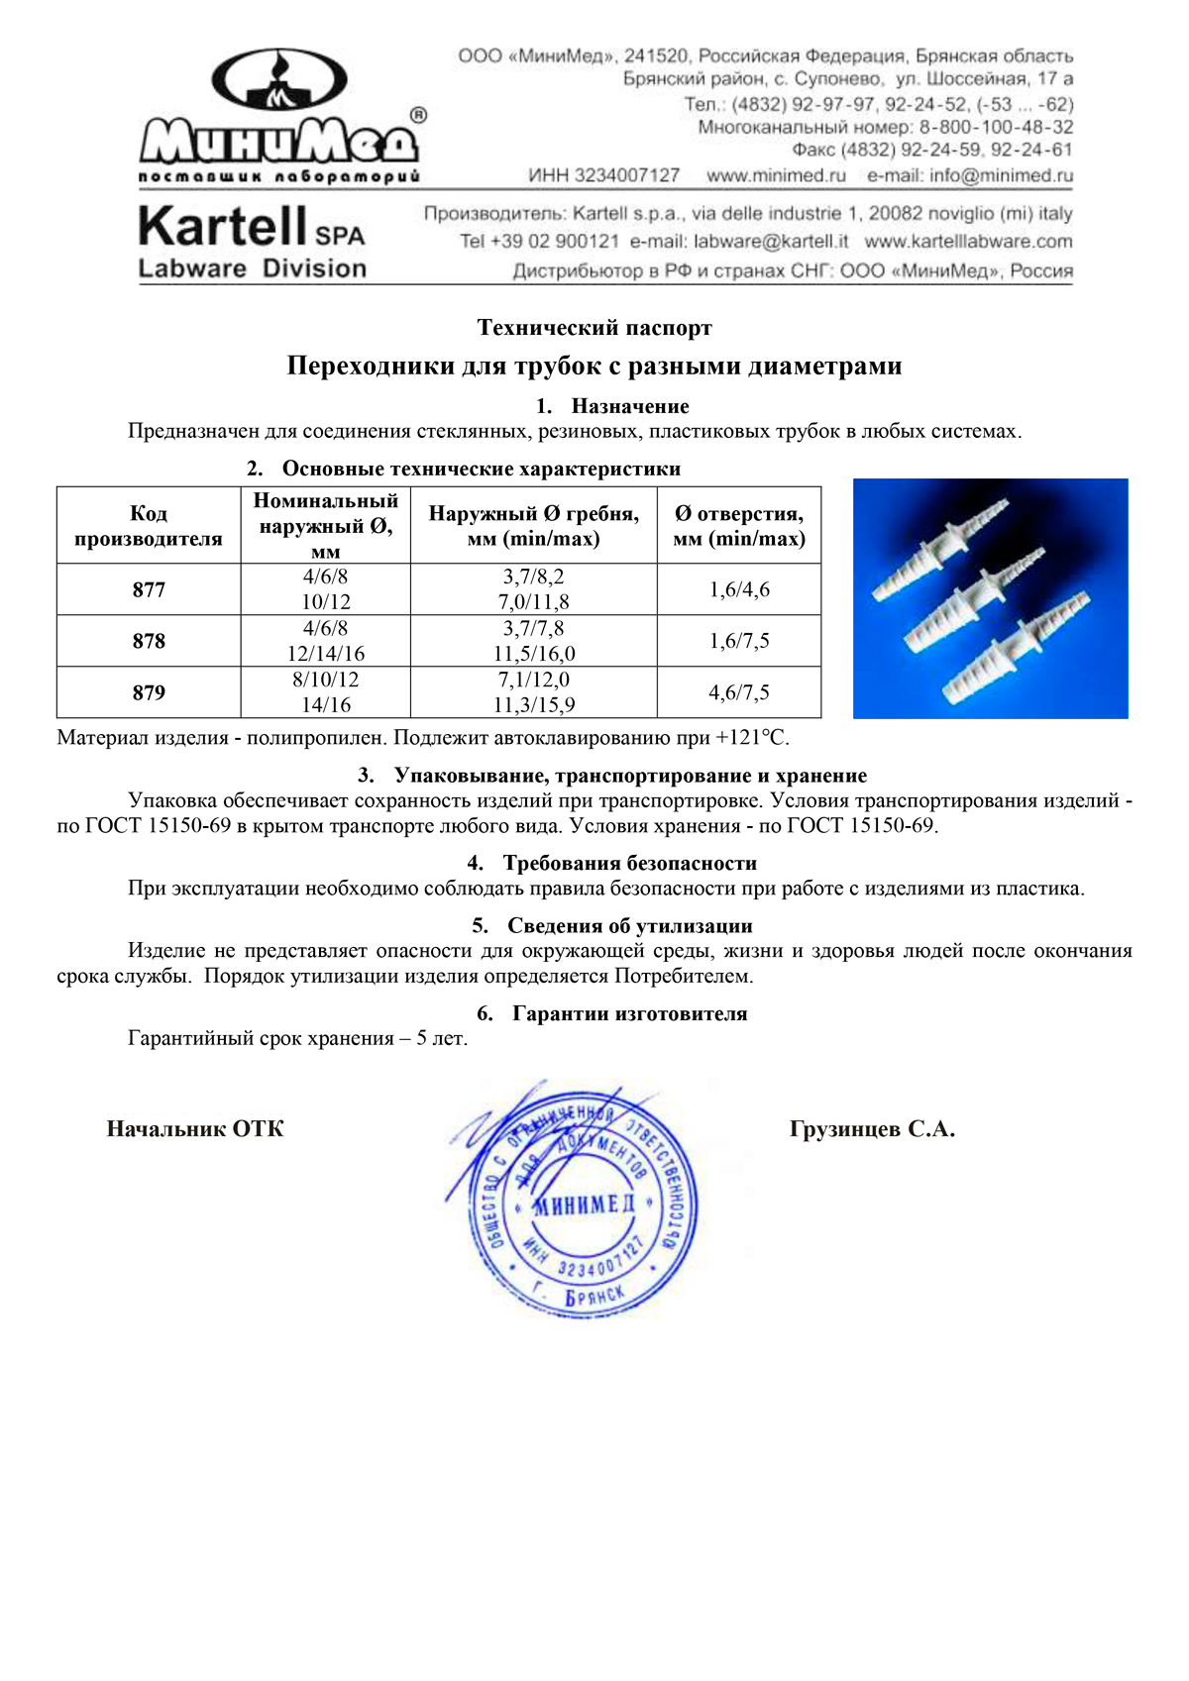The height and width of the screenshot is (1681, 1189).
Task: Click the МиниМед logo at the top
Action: [x=280, y=117]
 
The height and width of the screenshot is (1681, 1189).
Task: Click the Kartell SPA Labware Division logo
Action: [x=252, y=242]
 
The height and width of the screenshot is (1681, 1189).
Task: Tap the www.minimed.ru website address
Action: [x=776, y=176]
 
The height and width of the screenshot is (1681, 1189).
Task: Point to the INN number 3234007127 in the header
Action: [x=603, y=176]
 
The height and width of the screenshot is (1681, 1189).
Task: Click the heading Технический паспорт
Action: [x=594, y=328]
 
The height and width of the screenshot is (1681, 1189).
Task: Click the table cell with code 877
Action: [x=149, y=590]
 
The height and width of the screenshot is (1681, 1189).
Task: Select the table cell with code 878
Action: [x=149, y=642]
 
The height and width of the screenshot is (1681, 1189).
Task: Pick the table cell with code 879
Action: [x=149, y=693]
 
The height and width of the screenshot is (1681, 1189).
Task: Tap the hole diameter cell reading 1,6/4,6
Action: [x=739, y=590]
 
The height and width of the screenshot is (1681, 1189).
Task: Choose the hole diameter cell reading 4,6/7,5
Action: [x=739, y=693]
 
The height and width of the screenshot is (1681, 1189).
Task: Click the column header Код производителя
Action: [x=149, y=526]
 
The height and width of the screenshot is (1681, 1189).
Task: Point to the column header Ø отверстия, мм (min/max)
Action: [x=739, y=526]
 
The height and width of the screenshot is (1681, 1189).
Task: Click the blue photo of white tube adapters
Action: [x=990, y=598]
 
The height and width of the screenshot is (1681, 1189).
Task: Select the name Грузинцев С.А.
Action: [x=872, y=1129]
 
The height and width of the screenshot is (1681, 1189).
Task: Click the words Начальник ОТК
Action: [x=195, y=1129]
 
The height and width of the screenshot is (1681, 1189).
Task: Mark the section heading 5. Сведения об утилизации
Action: [x=612, y=926]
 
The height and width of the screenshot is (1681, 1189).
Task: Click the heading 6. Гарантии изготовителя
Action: [x=612, y=1014]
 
